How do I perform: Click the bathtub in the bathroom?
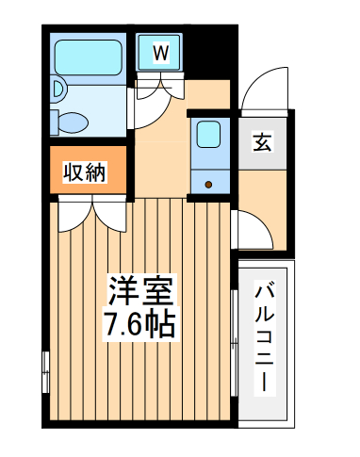[89, 59]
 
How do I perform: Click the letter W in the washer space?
[160, 53]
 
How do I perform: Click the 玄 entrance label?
[263, 143]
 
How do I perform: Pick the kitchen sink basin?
[209, 135]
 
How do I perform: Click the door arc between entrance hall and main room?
[247, 227]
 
